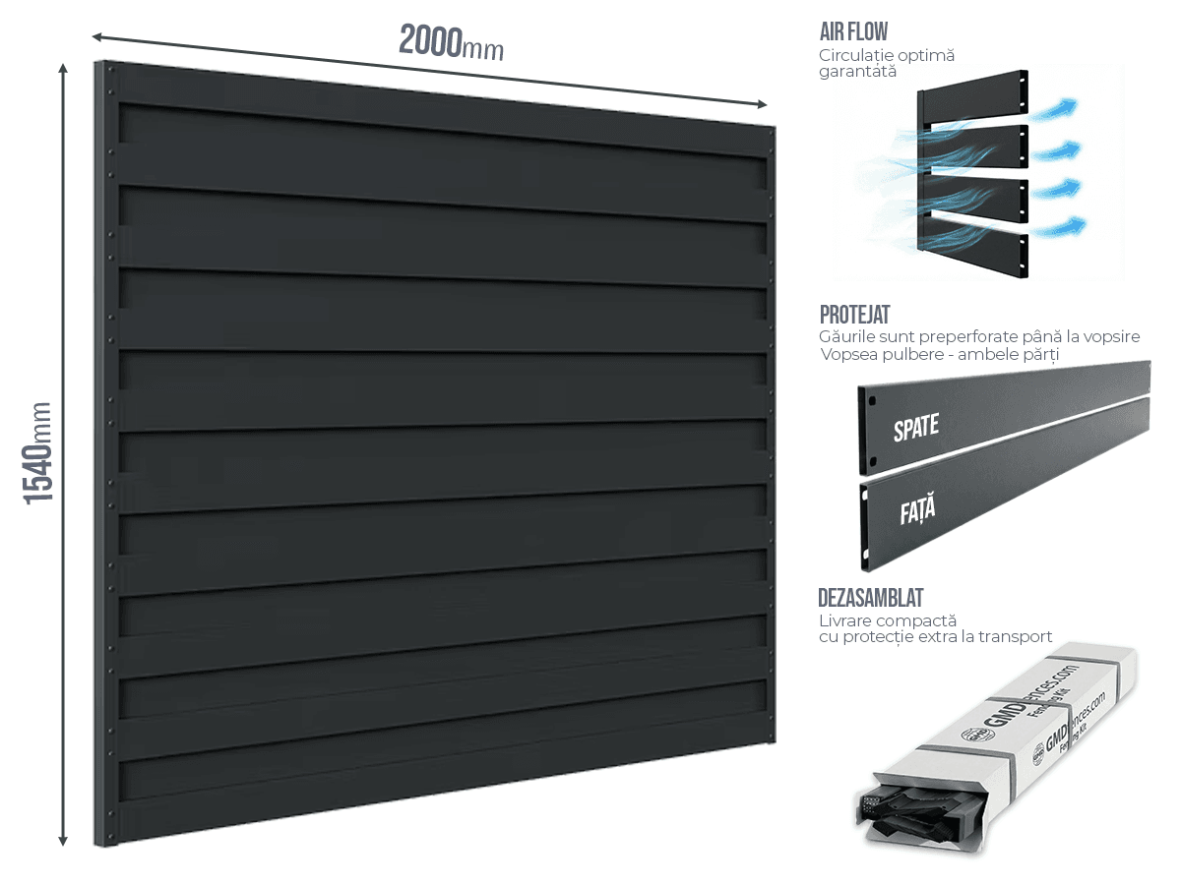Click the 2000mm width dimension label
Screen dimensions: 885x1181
(451, 41)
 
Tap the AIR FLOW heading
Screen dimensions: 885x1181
(853, 31)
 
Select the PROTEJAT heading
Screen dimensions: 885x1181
(854, 315)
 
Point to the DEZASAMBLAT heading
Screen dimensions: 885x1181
(870, 598)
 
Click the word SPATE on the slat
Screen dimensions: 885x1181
(915, 428)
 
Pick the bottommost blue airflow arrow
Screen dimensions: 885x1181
(1064, 228)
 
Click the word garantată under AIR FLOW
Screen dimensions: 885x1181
(857, 72)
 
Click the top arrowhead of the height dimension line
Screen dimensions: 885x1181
(63, 68)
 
